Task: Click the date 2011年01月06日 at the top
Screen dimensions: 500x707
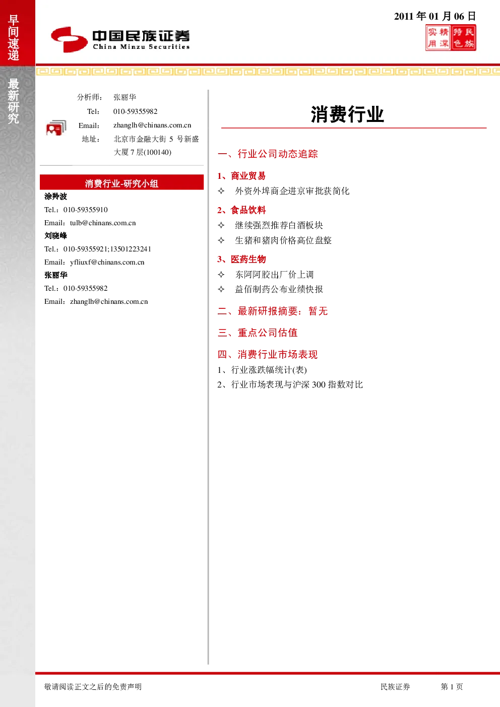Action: [435, 16]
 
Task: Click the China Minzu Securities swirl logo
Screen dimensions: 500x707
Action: [69, 39]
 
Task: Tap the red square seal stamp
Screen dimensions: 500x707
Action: [451, 38]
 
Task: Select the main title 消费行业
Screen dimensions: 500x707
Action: [347, 114]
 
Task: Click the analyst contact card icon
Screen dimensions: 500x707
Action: [56, 128]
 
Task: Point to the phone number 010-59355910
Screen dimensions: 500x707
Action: [86, 210]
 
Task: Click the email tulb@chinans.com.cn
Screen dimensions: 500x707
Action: [103, 223]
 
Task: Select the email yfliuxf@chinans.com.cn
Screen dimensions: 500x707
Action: [107, 262]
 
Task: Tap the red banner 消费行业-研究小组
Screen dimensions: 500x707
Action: [121, 182]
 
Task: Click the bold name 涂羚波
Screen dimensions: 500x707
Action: [55, 197]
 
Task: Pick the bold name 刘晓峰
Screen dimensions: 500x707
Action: [55, 235]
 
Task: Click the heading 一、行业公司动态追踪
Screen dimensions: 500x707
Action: [268, 154]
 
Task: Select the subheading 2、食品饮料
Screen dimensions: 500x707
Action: [241, 210]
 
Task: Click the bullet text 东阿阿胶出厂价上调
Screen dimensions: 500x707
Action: [274, 274]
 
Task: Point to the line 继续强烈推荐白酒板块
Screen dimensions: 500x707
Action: [279, 225]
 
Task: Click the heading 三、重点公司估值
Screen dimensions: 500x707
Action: [258, 333]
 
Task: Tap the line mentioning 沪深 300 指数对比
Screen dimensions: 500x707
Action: [290, 384]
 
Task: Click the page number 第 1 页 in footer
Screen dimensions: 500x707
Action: [452, 686]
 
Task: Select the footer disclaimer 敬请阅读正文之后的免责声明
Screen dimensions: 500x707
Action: [93, 686]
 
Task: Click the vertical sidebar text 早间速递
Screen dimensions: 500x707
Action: [13, 37]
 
